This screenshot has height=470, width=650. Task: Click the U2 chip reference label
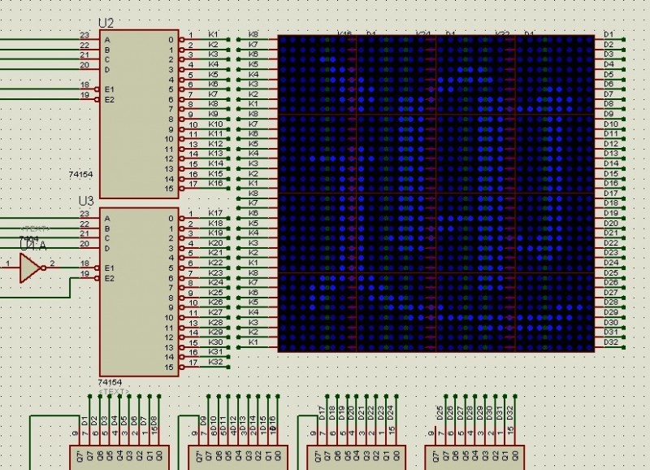click(x=106, y=24)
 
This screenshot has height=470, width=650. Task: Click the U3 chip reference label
click(x=86, y=200)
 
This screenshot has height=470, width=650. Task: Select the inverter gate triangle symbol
click(x=30, y=267)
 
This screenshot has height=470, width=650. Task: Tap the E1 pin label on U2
click(x=110, y=89)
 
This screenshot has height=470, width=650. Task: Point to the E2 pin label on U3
click(x=110, y=278)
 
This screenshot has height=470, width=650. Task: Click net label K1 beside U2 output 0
click(x=213, y=35)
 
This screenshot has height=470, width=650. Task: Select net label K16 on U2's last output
click(x=215, y=183)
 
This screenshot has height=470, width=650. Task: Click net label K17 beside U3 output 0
click(x=215, y=213)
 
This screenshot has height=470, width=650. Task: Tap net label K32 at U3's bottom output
click(x=215, y=361)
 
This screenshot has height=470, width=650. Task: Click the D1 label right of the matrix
click(x=609, y=34)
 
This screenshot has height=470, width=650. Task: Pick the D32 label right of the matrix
click(x=611, y=342)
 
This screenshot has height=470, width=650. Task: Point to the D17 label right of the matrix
click(x=611, y=193)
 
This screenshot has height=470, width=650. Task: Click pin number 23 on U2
click(x=84, y=36)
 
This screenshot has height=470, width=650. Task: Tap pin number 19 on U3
click(x=84, y=273)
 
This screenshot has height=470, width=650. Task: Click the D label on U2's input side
click(x=107, y=69)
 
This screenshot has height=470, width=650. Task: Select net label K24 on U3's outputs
click(x=215, y=282)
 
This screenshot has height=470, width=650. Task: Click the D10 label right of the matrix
click(x=611, y=124)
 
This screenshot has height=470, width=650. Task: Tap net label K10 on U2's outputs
click(x=215, y=124)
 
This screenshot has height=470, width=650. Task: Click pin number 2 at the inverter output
click(x=52, y=263)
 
